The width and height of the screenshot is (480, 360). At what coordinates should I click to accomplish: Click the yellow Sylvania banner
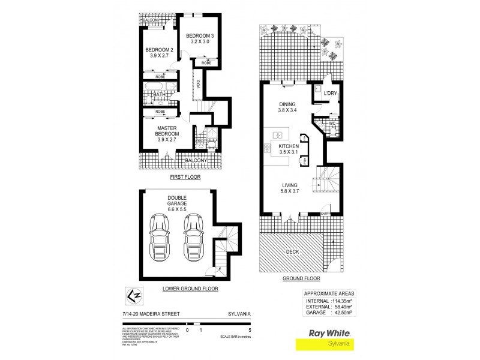coord(337,344)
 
